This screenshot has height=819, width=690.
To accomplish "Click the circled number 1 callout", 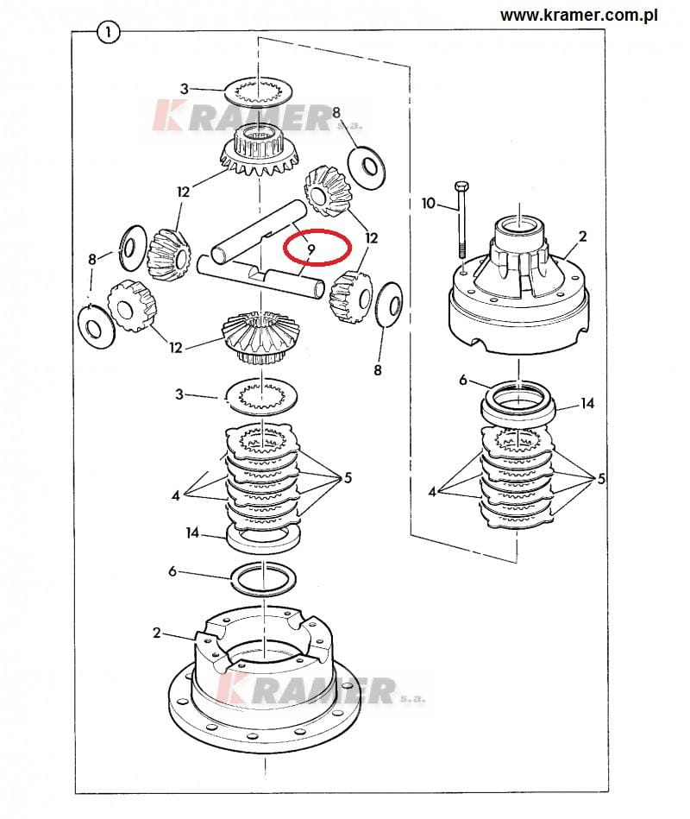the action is coord(108,33).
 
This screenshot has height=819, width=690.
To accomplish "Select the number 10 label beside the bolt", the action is coord(428,203).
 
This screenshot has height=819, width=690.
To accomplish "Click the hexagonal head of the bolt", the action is coord(462,187).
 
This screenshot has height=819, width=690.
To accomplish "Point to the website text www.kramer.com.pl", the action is coord(579,16).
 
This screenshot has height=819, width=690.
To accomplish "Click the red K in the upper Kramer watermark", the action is coord(167,116).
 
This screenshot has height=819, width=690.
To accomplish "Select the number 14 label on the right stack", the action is coord(587,403).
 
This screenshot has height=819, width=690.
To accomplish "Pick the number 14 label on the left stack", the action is coord(192,532).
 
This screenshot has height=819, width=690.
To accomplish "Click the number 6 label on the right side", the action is coord(463,380).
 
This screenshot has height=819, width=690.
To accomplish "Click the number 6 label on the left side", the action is coord(172,571).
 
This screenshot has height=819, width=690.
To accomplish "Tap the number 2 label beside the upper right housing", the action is coord(582,236).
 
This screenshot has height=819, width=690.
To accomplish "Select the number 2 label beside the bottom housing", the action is coord(157,633).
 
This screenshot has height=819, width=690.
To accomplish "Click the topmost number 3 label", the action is coord(184,89).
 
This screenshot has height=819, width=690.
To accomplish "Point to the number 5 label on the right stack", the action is coord(601,478).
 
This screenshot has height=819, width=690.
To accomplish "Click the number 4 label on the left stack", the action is coord(175,495).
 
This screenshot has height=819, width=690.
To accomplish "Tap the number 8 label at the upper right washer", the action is coord(336,112).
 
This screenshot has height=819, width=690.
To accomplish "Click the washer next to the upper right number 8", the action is coord(367,167).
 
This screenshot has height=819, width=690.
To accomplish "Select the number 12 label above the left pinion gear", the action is coord(183,192).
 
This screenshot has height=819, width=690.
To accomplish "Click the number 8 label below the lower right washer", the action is coord(378,370).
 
